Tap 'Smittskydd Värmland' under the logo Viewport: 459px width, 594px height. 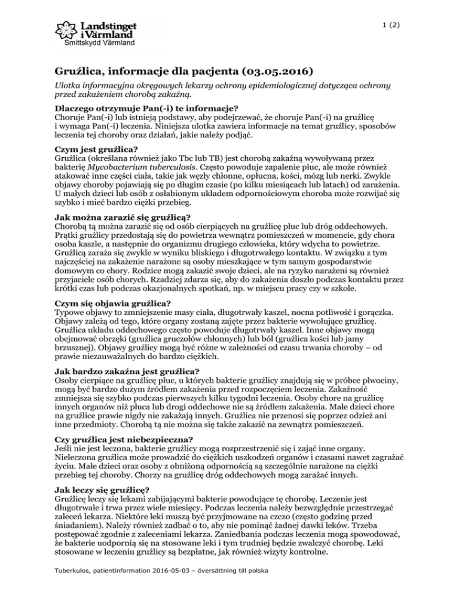[x=99, y=44]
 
